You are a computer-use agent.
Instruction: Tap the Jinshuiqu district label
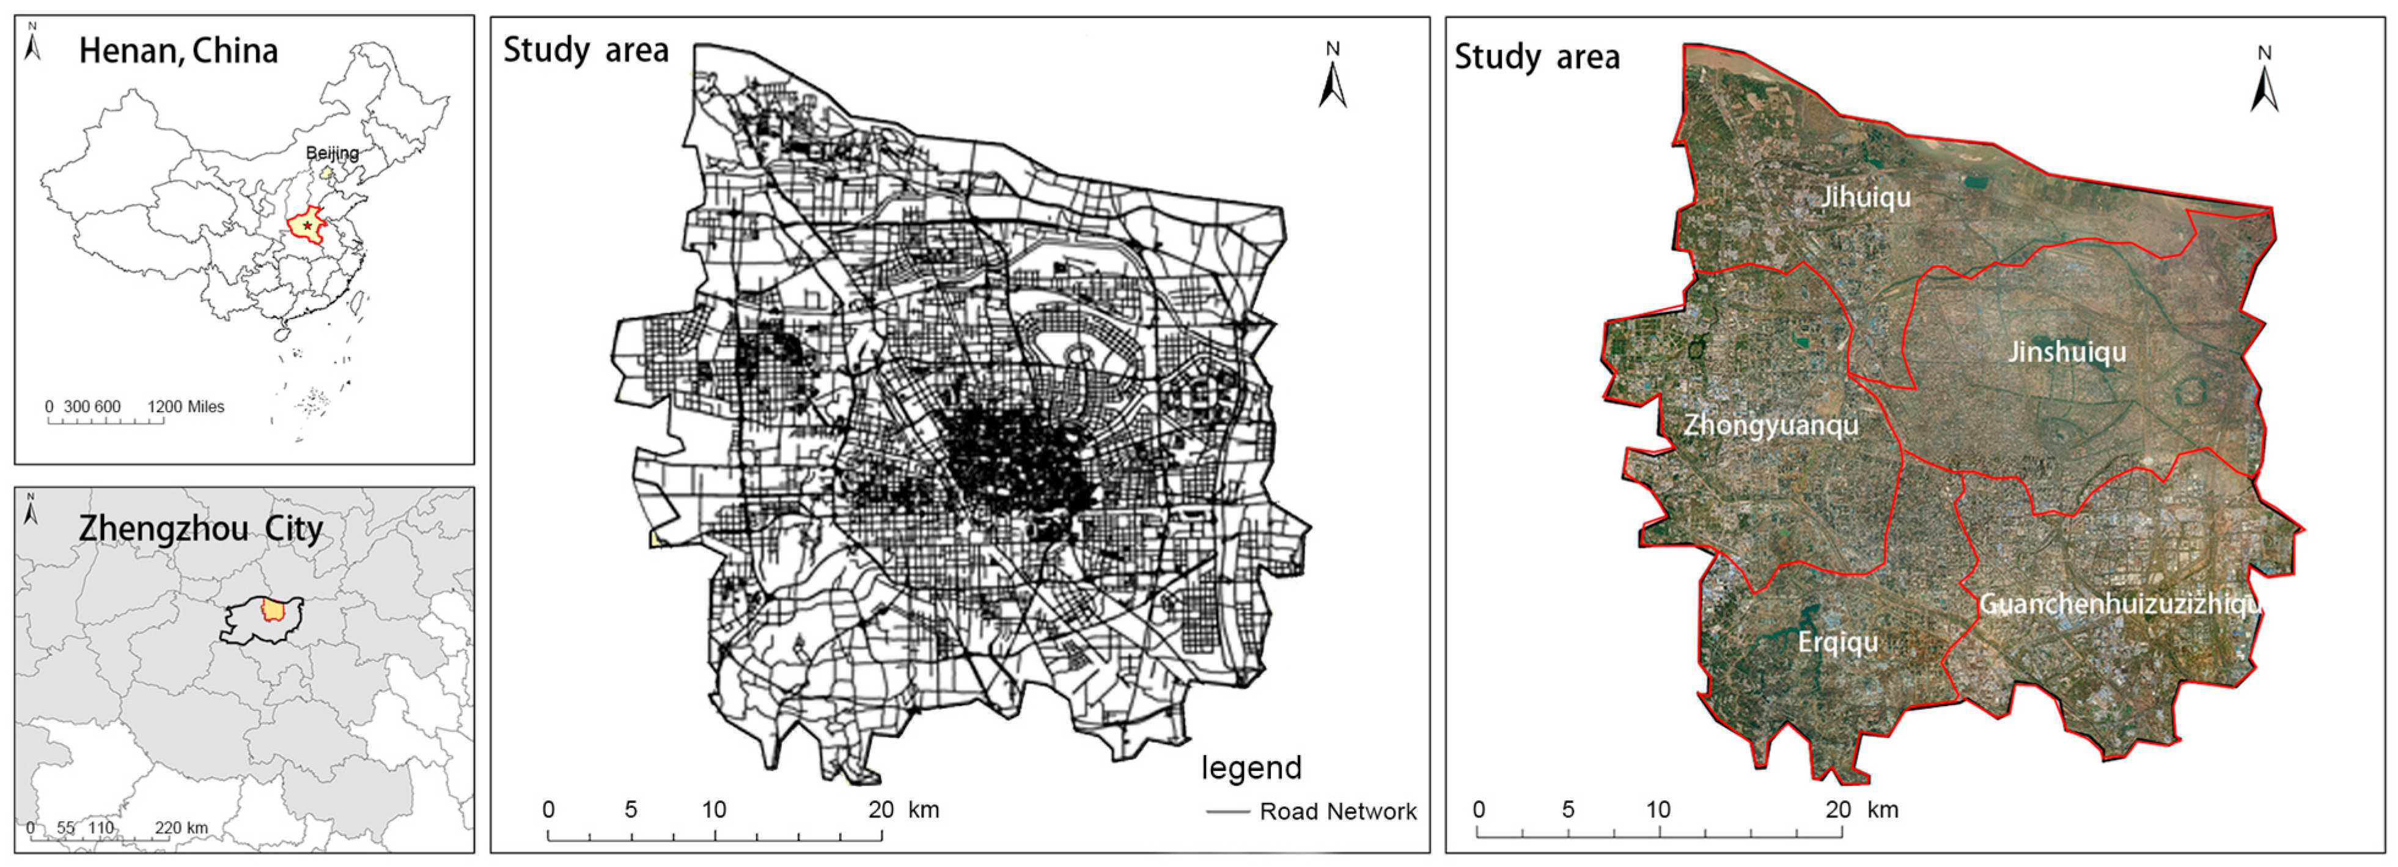pyautogui.click(x=2067, y=352)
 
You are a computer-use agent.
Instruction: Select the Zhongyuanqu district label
pyautogui.click(x=1771, y=426)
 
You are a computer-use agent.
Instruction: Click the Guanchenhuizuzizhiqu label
pyautogui.click(x=2119, y=604)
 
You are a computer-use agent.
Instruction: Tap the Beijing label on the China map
pyautogui.click(x=333, y=153)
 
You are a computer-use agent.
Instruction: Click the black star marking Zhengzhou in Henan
pyautogui.click(x=307, y=226)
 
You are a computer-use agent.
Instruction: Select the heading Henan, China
pyautogui.click(x=178, y=50)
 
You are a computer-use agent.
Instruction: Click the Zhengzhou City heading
pyautogui.click(x=200, y=529)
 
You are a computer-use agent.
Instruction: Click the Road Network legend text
pyautogui.click(x=1337, y=812)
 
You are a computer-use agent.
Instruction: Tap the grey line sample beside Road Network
pyautogui.click(x=1227, y=812)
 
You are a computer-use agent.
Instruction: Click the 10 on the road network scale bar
pyautogui.click(x=714, y=810)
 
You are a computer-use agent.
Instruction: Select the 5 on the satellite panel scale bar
pyautogui.click(x=1568, y=810)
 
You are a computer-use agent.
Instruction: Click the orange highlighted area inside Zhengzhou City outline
pyautogui.click(x=273, y=610)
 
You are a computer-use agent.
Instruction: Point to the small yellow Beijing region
pyautogui.click(x=325, y=173)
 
